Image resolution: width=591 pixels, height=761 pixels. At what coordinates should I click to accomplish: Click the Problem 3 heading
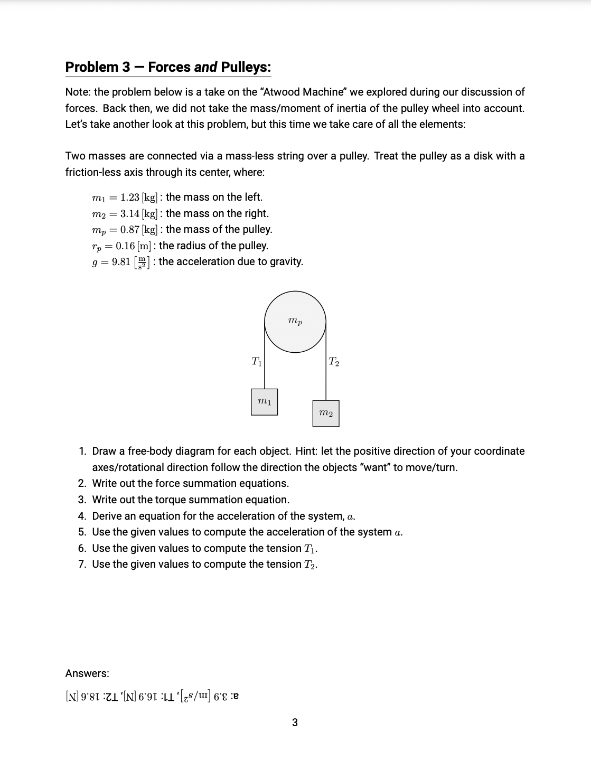168,67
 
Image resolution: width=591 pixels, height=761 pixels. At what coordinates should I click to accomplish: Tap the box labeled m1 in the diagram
264,402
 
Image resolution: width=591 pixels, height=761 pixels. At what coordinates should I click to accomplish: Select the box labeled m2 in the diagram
326,413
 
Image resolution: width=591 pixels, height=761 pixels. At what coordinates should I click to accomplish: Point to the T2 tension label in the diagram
334,362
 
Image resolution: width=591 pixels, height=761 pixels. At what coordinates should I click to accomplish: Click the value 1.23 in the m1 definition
129,197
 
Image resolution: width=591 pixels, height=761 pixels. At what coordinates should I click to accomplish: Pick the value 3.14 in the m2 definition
130,213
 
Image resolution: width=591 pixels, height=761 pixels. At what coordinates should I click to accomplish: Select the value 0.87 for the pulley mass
129,229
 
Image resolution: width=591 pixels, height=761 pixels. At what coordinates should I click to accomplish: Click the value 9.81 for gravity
121,262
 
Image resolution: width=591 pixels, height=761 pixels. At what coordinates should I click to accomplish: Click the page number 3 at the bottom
295,722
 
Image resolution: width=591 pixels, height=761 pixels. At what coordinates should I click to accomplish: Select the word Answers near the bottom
87,673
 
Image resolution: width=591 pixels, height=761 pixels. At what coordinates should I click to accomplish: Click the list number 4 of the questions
82,516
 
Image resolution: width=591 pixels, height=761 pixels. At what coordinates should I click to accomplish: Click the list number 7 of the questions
82,564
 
